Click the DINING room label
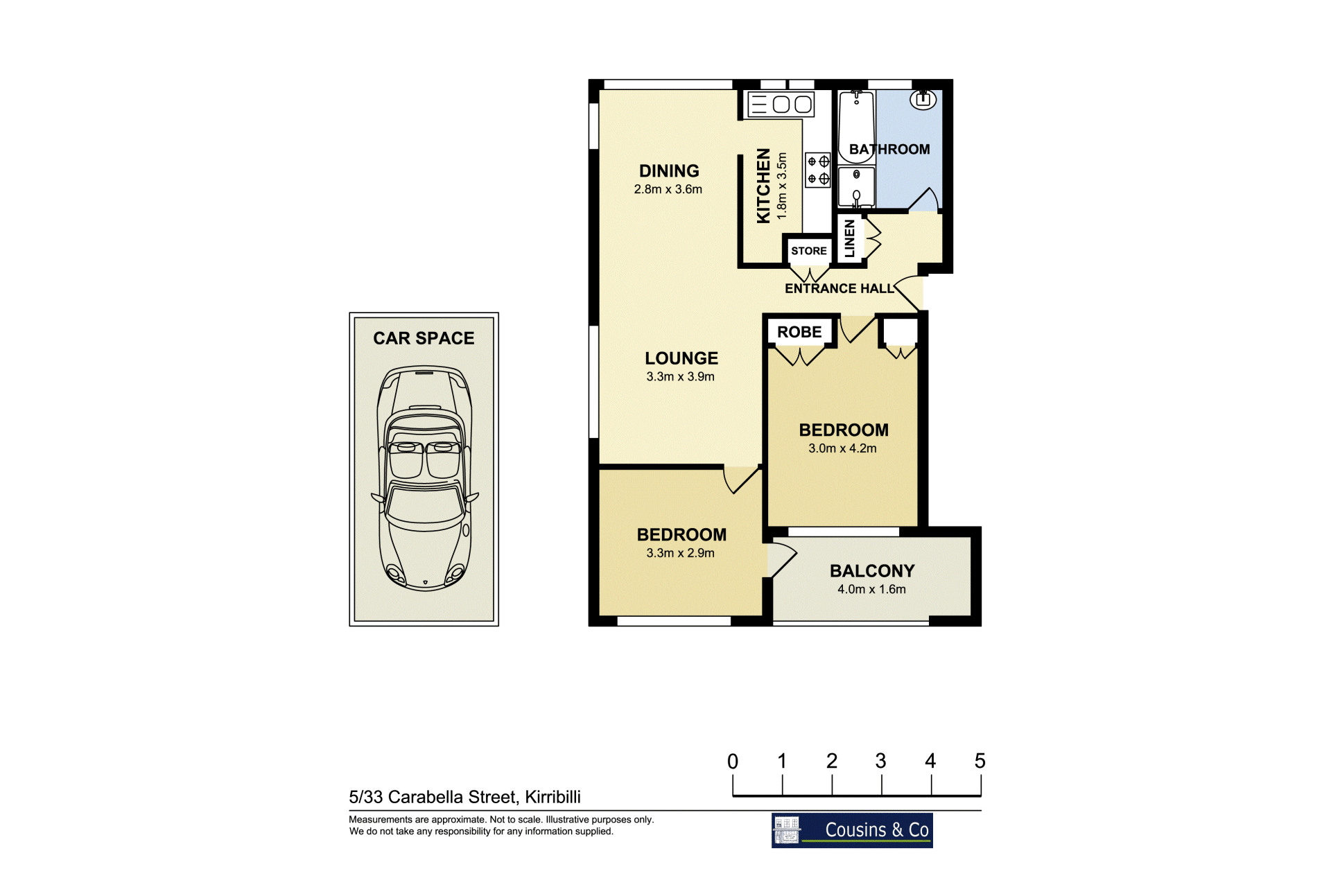669,171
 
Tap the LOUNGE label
681,358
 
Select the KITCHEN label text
763,186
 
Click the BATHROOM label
889,149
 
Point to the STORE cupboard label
809,251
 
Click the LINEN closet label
849,238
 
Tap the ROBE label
799,332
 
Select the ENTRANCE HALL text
840,288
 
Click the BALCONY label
872,571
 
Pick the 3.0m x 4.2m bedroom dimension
842,448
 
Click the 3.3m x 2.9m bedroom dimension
680,553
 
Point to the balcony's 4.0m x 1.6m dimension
871,589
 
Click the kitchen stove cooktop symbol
818,170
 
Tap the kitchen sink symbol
781,105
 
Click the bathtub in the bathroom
857,128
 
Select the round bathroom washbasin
923,100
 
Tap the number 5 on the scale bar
980,761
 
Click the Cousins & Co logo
852,830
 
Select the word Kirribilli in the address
553,797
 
